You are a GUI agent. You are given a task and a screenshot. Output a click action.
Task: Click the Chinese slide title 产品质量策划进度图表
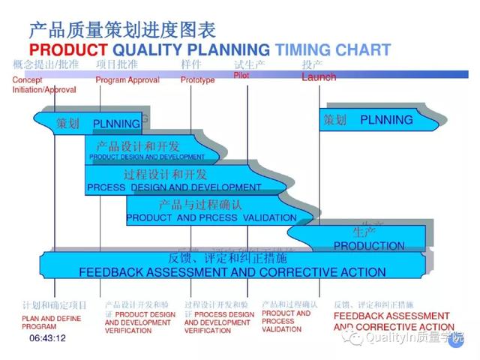pos(121,30)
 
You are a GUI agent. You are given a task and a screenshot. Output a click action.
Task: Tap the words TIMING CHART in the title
pos(332,50)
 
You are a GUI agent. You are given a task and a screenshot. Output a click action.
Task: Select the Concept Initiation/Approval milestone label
pos(43,85)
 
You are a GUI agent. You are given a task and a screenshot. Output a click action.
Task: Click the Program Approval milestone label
pos(127,80)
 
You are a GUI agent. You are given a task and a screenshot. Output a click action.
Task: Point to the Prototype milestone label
pos(197,80)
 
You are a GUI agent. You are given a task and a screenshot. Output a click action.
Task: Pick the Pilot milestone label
pos(241,76)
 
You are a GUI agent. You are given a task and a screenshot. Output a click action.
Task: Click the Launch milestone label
pos(319,77)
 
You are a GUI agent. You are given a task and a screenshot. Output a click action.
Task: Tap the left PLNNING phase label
pos(116,123)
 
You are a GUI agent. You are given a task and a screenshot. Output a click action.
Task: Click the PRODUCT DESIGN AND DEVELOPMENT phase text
pos(147,157)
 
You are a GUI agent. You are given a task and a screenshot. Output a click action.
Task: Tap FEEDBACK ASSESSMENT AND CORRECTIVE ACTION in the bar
pos(232,272)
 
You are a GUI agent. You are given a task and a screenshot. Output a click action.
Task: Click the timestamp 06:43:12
pos(48,338)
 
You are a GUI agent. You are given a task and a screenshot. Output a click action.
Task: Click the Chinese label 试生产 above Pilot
pos(249,65)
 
